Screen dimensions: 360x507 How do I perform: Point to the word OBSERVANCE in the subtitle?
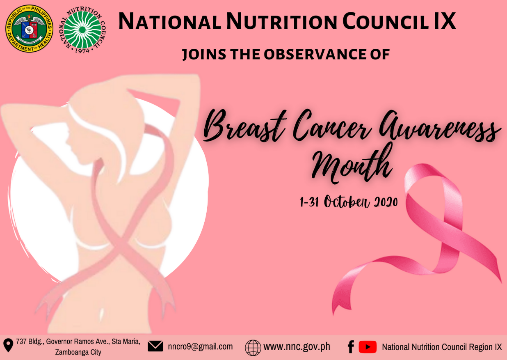click(x=312, y=54)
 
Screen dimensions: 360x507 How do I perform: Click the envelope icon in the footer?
click(x=155, y=346)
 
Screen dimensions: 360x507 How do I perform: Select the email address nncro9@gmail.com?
click(x=200, y=346)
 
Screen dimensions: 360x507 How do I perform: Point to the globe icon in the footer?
click(x=253, y=347)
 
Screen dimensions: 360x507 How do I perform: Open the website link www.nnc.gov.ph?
click(x=297, y=346)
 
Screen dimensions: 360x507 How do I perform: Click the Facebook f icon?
click(x=351, y=347)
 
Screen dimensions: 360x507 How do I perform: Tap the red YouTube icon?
click(x=368, y=347)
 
